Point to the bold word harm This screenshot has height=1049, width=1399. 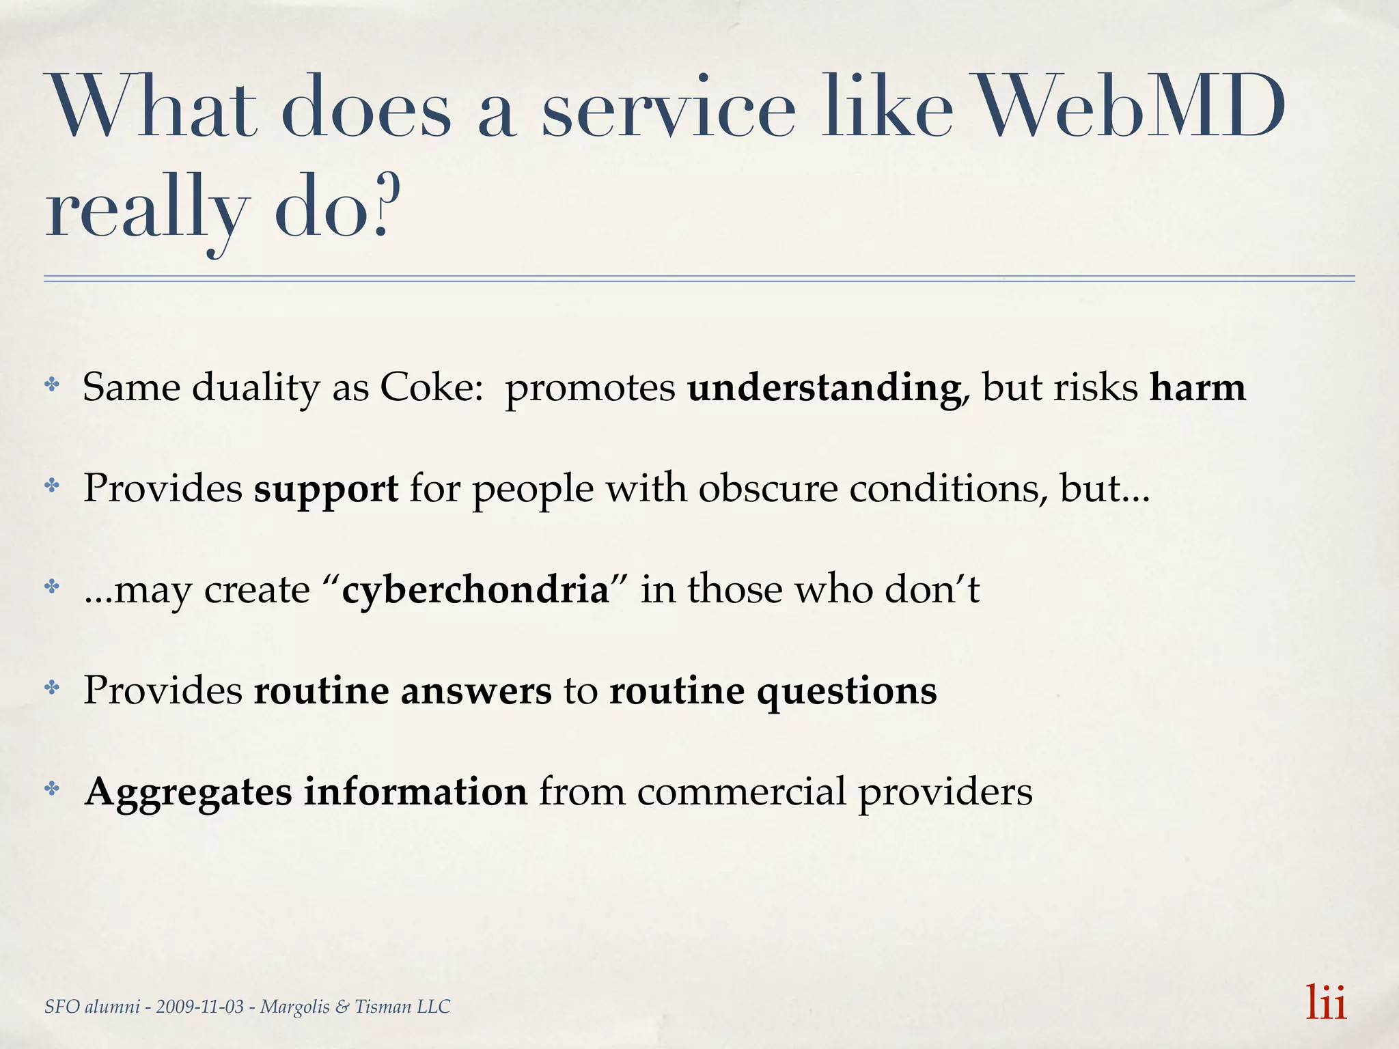1197,387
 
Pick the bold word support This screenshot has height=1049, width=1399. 326,489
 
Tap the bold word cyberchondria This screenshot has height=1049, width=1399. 475,589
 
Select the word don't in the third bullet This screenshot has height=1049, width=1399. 932,589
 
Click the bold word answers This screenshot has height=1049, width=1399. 475,690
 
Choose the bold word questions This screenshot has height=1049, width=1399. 846,692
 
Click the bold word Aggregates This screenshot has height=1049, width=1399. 188,793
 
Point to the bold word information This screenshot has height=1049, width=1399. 415,792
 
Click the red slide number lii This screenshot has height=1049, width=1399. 1326,1003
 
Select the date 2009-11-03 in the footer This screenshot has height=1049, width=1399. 200,1007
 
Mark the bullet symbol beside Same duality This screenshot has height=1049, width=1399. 52,385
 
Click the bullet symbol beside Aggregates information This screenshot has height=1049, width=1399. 52,789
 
